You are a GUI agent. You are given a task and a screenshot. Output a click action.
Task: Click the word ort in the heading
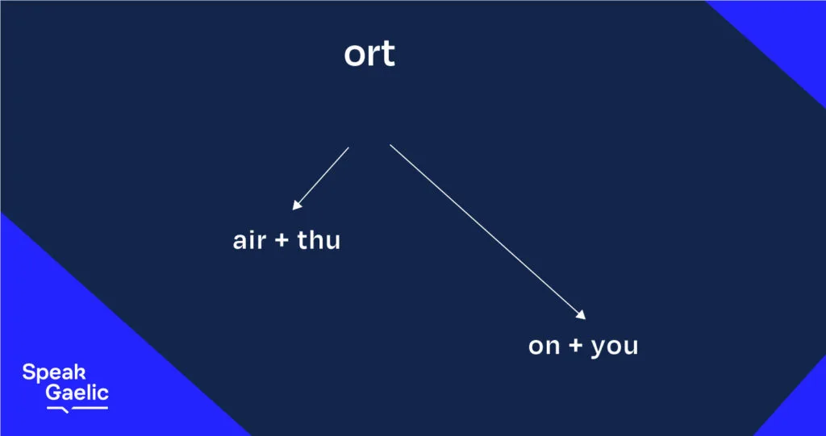(x=369, y=54)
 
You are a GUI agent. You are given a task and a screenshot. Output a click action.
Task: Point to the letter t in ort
(x=388, y=54)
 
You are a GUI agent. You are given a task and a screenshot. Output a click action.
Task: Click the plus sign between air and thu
(x=282, y=242)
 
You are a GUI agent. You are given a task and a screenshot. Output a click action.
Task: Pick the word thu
(x=319, y=240)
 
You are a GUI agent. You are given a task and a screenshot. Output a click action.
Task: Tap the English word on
(x=544, y=347)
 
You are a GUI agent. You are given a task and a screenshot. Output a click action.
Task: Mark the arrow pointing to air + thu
(x=320, y=178)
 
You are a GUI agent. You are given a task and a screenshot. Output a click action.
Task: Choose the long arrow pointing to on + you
(x=488, y=231)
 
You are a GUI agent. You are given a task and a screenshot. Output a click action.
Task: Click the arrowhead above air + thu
(x=297, y=205)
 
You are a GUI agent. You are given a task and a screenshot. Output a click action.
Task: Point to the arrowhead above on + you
(x=581, y=314)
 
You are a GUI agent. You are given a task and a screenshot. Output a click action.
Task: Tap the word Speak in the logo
(x=54, y=373)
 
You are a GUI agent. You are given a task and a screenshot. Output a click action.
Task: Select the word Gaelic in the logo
(x=77, y=392)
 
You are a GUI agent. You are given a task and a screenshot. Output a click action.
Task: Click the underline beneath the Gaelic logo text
(x=77, y=409)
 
